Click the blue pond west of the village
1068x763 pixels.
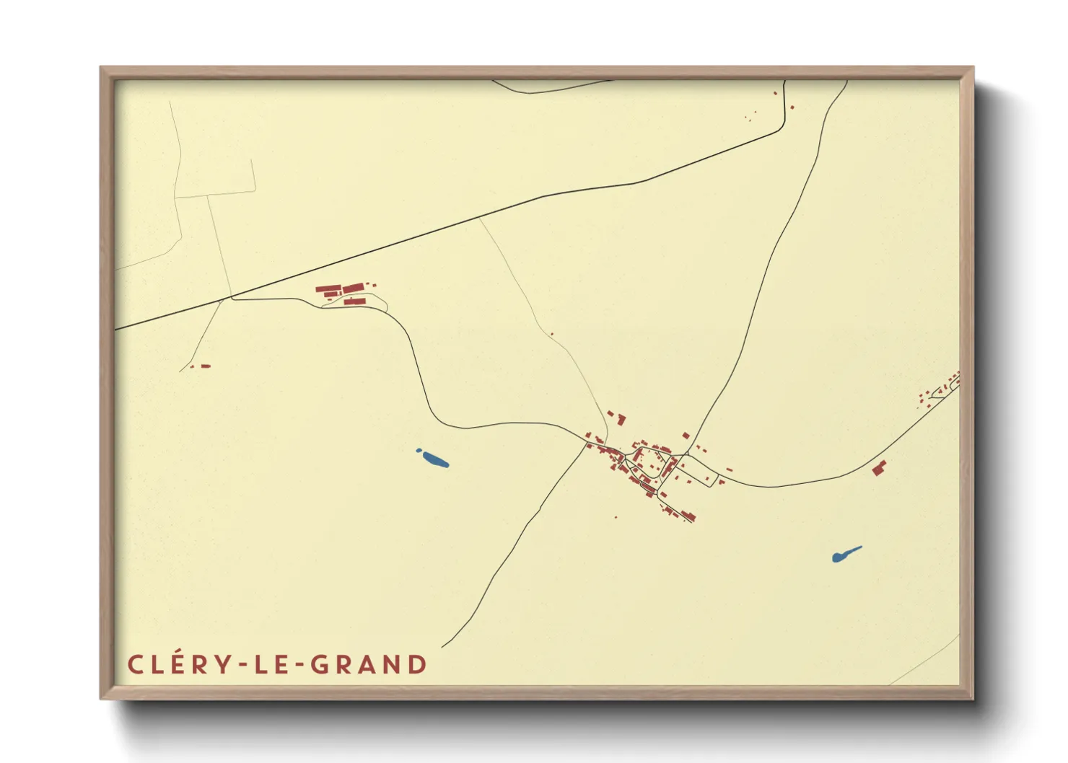click(x=434, y=459)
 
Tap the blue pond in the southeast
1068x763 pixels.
click(x=845, y=554)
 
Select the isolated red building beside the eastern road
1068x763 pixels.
click(x=878, y=468)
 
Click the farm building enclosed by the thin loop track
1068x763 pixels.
click(x=354, y=301)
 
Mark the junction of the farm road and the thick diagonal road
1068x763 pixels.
click(x=232, y=296)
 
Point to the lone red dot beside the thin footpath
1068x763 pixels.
click(x=551, y=334)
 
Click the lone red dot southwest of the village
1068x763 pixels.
click(x=616, y=517)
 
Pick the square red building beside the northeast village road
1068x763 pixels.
click(x=686, y=436)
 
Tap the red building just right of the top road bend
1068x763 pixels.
click(x=792, y=107)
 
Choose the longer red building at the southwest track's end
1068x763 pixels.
click(x=205, y=366)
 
